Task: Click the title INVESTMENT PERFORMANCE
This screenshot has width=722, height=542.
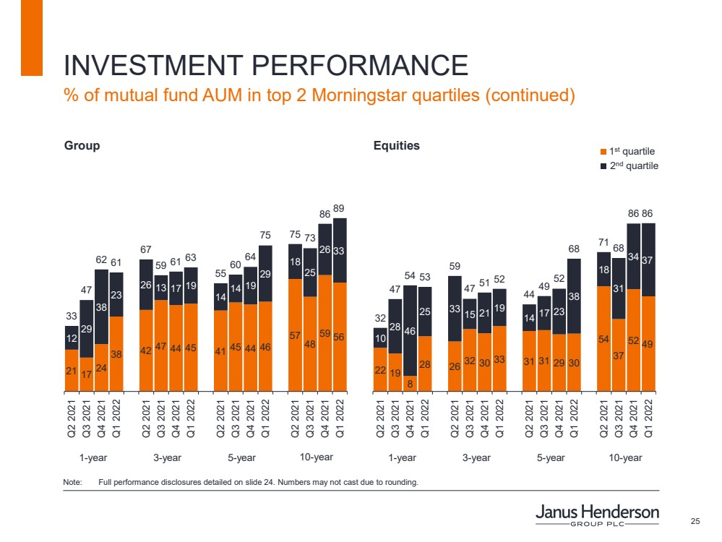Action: [265, 66]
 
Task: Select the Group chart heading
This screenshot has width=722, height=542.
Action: [82, 145]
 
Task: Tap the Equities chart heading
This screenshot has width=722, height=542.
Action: [396, 145]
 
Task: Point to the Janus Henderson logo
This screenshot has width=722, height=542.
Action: [597, 515]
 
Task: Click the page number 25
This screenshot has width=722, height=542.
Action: [696, 522]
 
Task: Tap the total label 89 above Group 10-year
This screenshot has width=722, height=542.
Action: [340, 208]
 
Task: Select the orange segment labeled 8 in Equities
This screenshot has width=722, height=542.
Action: [411, 383]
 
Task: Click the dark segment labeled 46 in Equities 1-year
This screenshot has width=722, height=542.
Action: [411, 331]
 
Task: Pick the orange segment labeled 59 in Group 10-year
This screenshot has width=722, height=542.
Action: [325, 332]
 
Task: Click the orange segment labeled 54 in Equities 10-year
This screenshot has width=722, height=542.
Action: [603, 337]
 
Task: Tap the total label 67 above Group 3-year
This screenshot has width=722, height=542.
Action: [146, 249]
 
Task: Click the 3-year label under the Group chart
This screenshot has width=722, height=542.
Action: [167, 457]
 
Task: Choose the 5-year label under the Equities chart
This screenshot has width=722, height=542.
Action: [551, 457]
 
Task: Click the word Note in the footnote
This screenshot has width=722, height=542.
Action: [72, 482]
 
